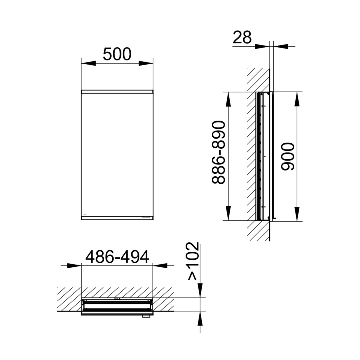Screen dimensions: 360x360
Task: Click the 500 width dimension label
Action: pyautogui.click(x=117, y=54)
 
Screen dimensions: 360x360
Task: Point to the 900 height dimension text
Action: pyautogui.click(x=288, y=156)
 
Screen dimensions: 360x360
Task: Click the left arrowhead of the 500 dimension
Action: pyautogui.click(x=88, y=63)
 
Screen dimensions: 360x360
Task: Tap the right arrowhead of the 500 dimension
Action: pyautogui.click(x=146, y=63)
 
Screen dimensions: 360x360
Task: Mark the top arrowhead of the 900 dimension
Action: pyautogui.click(x=297, y=99)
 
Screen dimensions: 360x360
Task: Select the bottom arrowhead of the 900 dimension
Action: pyautogui.click(x=297, y=214)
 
